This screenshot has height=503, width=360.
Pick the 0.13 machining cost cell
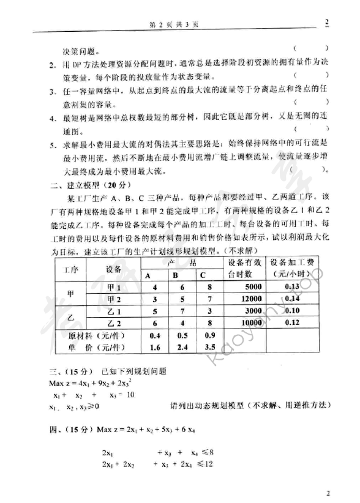296,286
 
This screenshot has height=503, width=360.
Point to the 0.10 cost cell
296,311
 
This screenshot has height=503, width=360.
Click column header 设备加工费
296,267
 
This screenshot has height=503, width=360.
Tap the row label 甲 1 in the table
114,287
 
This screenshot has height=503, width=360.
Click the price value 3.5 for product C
209,347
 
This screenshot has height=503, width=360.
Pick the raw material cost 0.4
155,335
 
